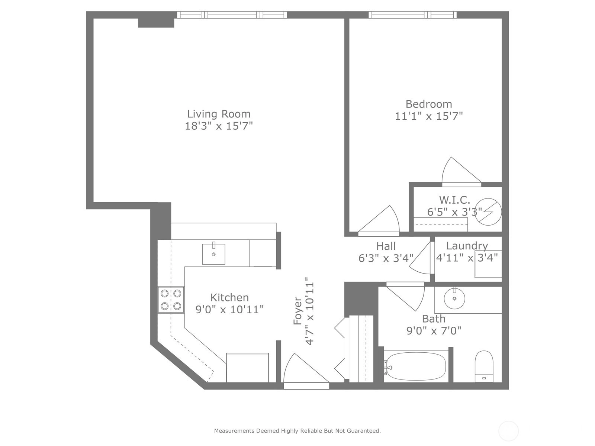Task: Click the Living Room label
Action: [x=219, y=114]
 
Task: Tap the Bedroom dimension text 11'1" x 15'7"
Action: [x=428, y=116]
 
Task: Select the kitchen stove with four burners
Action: [x=171, y=300]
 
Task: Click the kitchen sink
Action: [x=213, y=254]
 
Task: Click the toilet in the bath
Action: [x=484, y=366]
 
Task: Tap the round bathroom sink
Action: [x=454, y=298]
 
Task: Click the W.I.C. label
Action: [x=454, y=200]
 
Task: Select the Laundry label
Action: [x=467, y=246]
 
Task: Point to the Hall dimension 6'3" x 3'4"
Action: [x=386, y=258]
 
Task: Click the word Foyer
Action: [x=297, y=311]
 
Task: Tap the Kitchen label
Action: [x=229, y=298]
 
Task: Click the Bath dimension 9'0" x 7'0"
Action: [x=434, y=331]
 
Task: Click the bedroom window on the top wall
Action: [x=412, y=15]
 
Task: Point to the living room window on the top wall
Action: [x=232, y=15]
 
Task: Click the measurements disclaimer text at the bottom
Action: [x=297, y=430]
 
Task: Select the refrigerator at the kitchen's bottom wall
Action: [x=248, y=368]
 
